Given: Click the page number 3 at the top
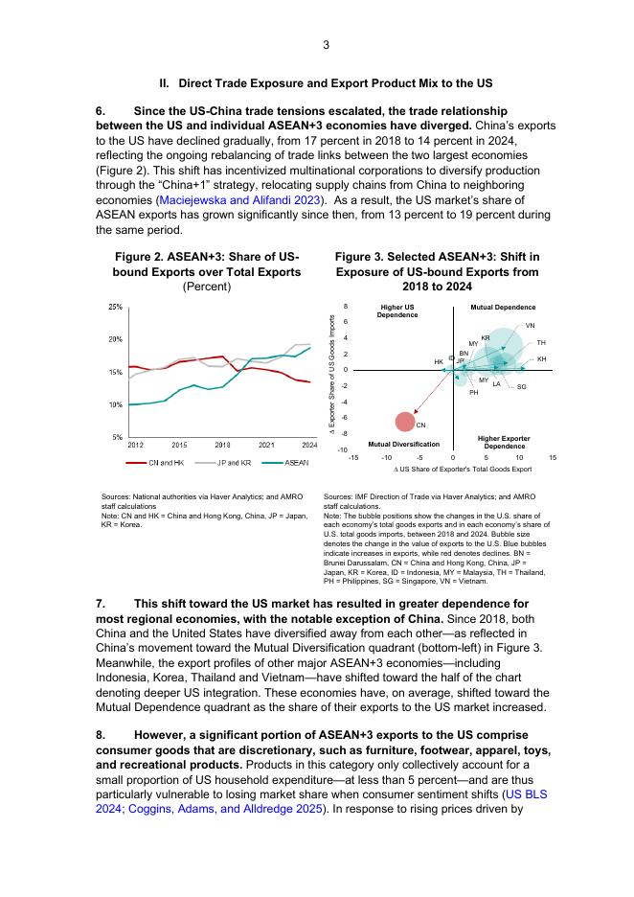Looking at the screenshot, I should [326, 45].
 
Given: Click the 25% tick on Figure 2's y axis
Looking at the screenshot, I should [115, 307].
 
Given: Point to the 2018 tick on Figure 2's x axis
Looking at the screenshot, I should [222, 445].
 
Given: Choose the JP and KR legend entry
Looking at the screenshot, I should [226, 463].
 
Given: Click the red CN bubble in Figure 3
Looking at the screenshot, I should [406, 421].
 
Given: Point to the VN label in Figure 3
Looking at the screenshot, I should [531, 326].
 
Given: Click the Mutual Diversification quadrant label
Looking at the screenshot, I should [404, 445].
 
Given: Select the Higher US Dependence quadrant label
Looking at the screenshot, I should [396, 310].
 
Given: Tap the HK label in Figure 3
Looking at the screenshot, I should [439, 362].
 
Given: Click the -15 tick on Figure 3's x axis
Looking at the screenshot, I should [353, 457].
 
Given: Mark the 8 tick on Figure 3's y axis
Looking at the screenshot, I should [345, 306].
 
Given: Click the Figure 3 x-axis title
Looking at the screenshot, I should [463, 470].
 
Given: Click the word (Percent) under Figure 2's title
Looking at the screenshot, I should [207, 286].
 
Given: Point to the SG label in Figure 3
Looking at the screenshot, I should [521, 386].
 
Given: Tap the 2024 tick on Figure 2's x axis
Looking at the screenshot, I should [309, 445].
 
